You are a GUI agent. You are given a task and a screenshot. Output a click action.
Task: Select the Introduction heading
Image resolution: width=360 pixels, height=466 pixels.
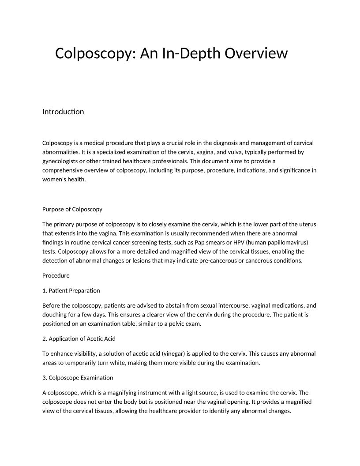click(63, 112)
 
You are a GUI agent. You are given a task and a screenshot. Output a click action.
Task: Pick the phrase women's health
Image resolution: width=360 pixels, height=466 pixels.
click(64, 180)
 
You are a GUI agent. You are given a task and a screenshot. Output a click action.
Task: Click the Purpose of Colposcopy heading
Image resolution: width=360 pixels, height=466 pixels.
click(72, 209)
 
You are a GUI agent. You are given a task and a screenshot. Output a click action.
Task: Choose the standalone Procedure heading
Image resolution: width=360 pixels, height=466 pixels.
click(56, 275)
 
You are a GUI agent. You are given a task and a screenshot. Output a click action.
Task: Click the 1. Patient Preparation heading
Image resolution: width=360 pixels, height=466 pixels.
click(71, 290)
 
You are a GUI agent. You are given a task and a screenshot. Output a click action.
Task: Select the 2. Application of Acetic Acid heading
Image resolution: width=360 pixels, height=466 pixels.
click(79, 339)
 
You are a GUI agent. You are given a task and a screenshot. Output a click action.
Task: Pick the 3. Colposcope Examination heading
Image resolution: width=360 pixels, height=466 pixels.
click(78, 378)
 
